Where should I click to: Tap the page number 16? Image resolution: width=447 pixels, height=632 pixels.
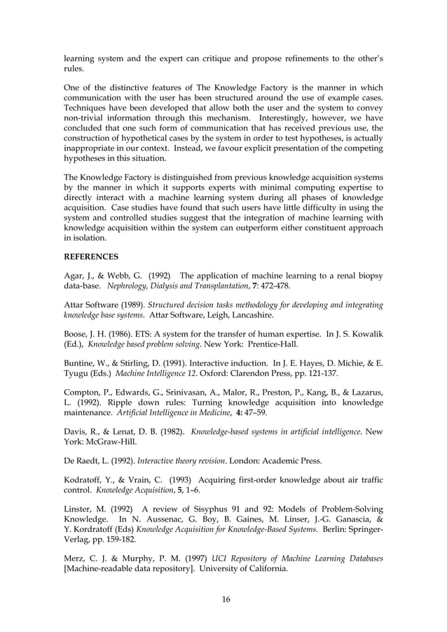224,599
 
